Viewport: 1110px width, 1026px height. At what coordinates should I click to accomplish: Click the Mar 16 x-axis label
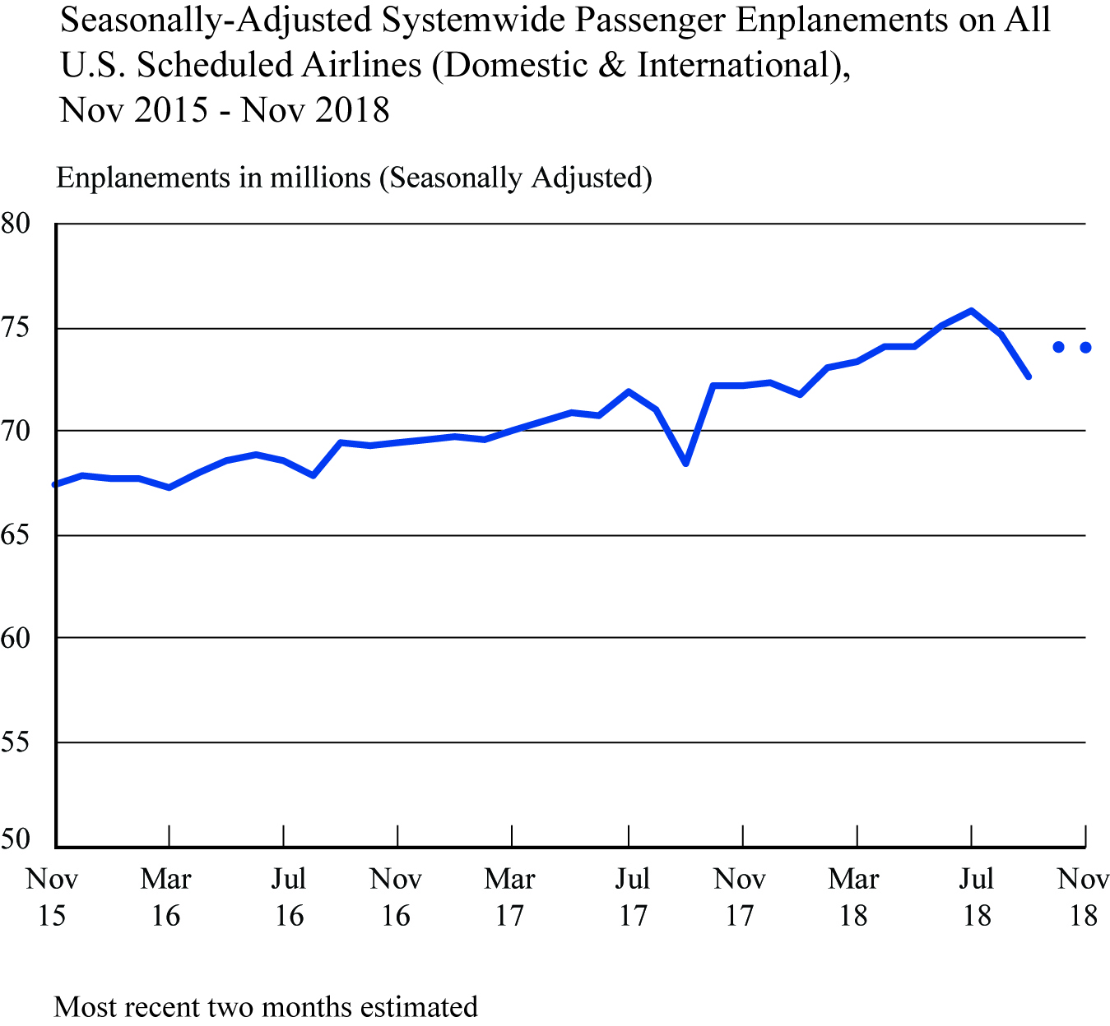coord(166,897)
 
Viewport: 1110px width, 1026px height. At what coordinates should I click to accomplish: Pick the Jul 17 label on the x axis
coord(633,897)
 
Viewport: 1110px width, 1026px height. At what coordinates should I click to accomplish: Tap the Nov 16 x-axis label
coord(396,897)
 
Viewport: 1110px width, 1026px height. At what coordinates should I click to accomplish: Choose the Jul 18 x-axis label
coord(977,897)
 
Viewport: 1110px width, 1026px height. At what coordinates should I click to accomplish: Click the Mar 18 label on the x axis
coord(854,897)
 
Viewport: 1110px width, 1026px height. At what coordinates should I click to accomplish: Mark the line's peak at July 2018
coord(972,311)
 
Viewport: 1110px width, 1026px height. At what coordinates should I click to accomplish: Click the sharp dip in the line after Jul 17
coord(685,464)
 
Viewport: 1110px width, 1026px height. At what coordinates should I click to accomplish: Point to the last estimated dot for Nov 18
coord(1086,348)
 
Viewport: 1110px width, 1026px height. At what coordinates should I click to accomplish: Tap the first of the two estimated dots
coord(1058,348)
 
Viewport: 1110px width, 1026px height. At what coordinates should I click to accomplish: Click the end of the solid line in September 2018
coord(1029,377)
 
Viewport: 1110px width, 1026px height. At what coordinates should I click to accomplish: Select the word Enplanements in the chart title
coord(841,21)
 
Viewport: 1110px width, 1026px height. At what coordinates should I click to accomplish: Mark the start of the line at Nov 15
coord(56,485)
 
